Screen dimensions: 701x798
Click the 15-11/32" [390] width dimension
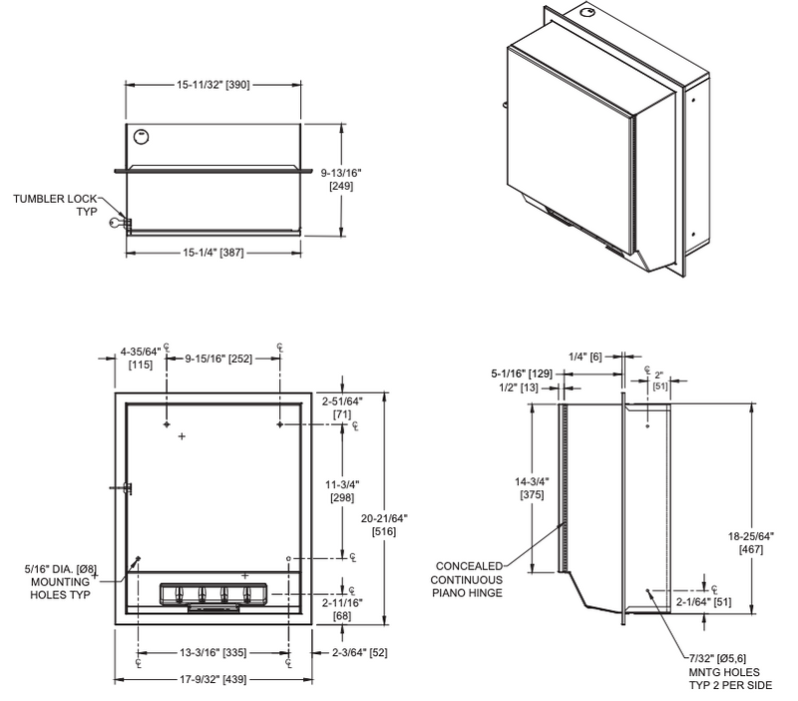(213, 87)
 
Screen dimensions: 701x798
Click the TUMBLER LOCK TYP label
(54, 206)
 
